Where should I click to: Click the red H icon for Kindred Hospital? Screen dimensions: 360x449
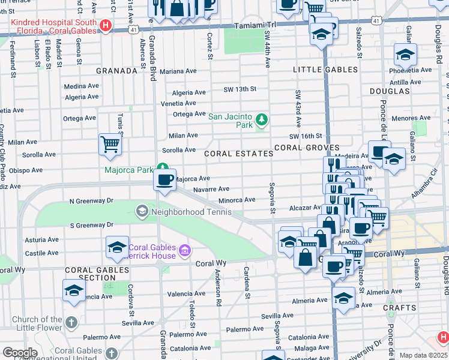pos(106,25)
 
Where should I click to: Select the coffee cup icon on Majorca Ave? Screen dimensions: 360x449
pos(164,179)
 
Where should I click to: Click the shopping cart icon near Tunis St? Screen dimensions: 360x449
pos(110,144)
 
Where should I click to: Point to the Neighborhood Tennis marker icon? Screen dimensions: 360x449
pos(142,211)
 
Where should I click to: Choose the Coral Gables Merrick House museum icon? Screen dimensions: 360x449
pos(184,250)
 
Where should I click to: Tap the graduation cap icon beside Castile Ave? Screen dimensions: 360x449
pos(117,246)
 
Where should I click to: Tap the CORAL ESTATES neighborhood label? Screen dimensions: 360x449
pos(238,154)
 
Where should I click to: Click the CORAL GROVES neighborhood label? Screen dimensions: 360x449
pos(307,148)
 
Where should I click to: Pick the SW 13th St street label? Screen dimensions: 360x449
pos(240,89)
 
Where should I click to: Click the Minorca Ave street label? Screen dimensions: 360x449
pos(237,200)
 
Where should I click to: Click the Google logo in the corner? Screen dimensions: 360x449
pos(20,353)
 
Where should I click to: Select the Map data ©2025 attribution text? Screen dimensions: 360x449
pos(424,355)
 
